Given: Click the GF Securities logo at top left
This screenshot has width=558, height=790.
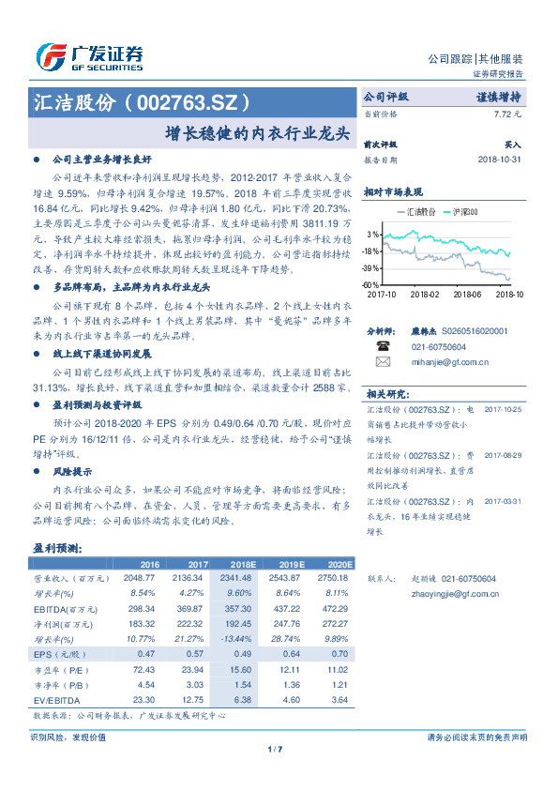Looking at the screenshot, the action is (89, 56).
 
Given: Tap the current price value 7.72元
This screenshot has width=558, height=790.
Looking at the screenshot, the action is (506, 114).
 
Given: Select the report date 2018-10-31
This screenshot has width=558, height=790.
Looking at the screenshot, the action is (498, 160).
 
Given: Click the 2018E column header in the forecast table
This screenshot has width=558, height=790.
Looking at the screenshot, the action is (241, 564).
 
